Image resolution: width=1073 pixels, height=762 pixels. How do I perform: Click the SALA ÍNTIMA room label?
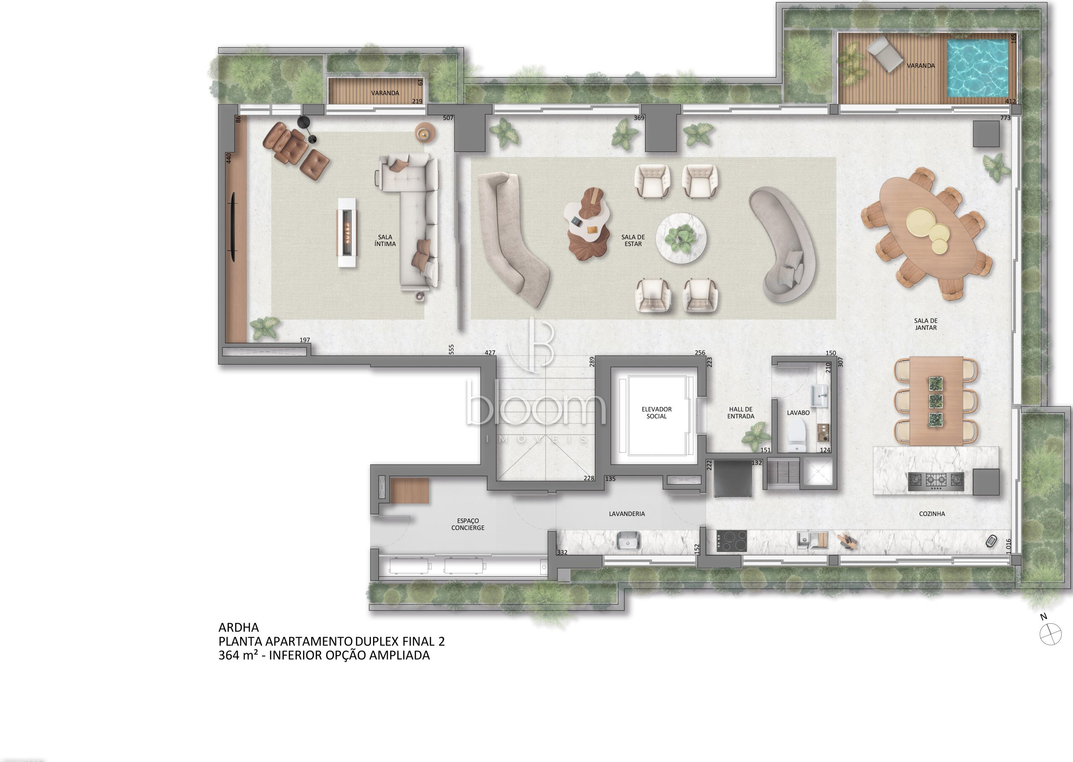click(x=385, y=240)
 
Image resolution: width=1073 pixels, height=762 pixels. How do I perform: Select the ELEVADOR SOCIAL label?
click(x=656, y=412)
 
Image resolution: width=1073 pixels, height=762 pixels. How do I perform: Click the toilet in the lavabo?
click(x=796, y=435)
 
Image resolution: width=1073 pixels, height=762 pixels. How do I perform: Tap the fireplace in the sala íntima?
click(x=347, y=232)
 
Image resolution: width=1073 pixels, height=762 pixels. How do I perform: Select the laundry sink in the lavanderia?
click(x=628, y=541)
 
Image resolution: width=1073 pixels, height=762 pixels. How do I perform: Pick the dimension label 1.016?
click(x=1008, y=545)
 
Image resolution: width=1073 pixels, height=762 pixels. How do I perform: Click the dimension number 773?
click(x=1005, y=118)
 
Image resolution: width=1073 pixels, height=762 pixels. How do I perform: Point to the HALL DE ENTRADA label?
click(x=741, y=412)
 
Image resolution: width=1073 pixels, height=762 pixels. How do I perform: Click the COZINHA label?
click(x=932, y=514)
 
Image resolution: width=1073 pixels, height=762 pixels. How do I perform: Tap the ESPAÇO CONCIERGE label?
click(x=468, y=524)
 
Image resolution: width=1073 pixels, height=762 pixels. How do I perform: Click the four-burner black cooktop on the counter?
click(x=731, y=541)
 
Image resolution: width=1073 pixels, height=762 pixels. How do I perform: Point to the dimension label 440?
click(x=229, y=158)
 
